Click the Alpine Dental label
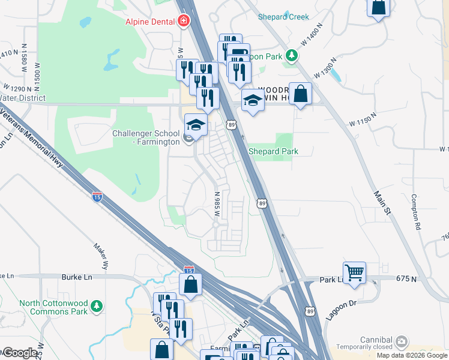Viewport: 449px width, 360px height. pos(151,22)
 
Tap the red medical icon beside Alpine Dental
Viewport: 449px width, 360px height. pos(184,22)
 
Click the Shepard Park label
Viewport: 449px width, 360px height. pos(273,152)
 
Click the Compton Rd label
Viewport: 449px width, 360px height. pos(415,213)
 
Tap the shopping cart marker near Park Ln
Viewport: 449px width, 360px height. pos(354,272)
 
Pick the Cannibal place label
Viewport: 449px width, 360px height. pos(375,340)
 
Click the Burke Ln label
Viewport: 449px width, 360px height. pos(76,277)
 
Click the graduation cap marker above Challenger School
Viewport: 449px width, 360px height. pos(195,125)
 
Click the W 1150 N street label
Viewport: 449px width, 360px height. pos(363,120)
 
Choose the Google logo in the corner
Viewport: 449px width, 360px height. pos(19,353)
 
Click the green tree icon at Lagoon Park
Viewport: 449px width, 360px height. pos(292,56)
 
